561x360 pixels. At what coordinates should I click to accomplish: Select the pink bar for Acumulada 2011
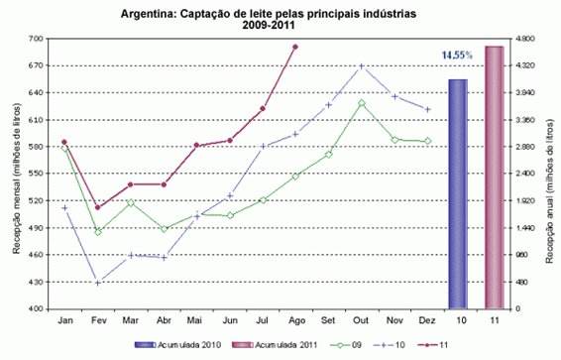click(x=494, y=178)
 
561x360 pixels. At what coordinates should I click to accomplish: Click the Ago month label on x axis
click(x=294, y=322)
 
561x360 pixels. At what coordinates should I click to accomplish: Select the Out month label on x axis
click(x=362, y=322)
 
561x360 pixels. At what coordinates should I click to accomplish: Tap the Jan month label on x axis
click(x=64, y=322)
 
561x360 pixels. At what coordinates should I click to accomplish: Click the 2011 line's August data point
click(x=295, y=47)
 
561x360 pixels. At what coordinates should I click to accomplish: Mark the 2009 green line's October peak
click(x=362, y=103)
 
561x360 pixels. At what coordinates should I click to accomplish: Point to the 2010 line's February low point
click(x=97, y=283)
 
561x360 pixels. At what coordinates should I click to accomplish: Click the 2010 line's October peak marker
click(x=362, y=66)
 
